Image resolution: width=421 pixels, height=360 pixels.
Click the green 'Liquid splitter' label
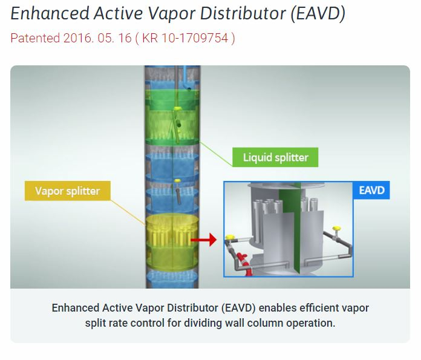pyautogui.click(x=275, y=158)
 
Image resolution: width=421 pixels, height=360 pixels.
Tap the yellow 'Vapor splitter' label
pyautogui.click(x=67, y=191)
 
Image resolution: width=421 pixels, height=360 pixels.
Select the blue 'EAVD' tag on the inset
pyautogui.click(x=371, y=191)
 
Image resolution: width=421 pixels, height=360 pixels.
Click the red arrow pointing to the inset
pyautogui.click(x=206, y=240)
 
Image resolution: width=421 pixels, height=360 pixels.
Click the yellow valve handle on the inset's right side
pyautogui.click(x=337, y=229)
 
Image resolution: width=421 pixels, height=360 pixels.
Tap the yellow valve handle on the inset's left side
pyautogui.click(x=230, y=237)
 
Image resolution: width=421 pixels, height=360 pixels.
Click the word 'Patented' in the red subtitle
pyautogui.click(x=35, y=38)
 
